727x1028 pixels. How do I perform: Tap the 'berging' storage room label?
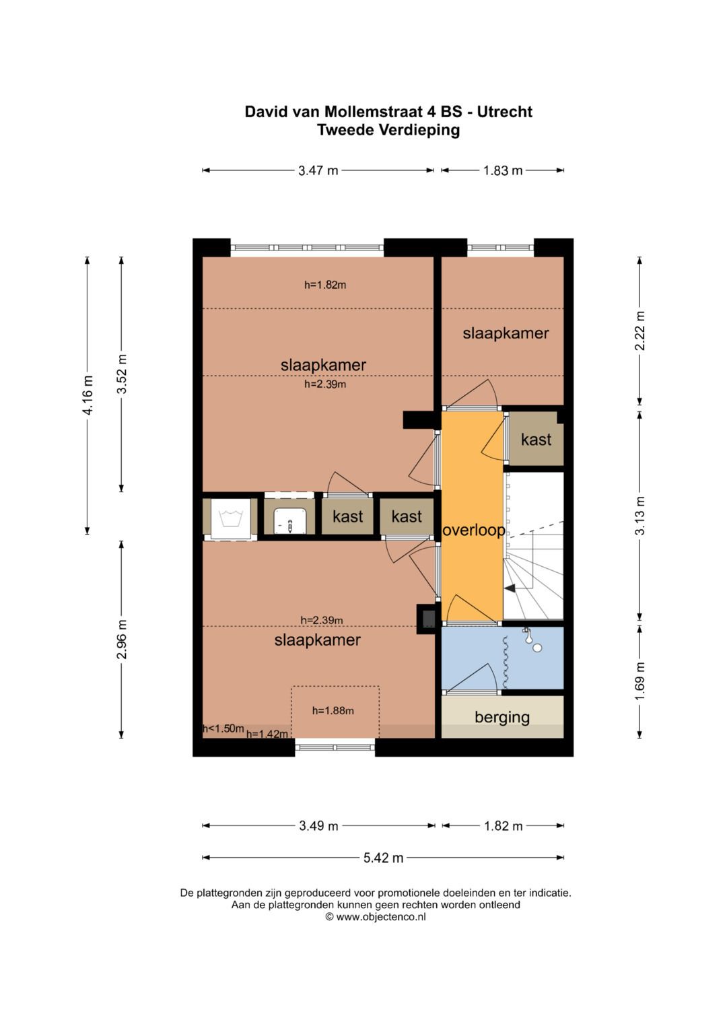click(x=502, y=717)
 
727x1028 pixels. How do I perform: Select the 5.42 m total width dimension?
click(x=383, y=857)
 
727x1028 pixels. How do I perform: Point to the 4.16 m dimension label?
click(x=88, y=395)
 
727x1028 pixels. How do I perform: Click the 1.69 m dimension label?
click(x=640, y=681)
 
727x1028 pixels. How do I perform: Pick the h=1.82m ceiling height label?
click(x=325, y=285)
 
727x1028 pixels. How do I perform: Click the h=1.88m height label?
click(x=333, y=711)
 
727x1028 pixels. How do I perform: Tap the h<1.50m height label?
click(x=223, y=728)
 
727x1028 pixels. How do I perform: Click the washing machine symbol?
click(x=230, y=518)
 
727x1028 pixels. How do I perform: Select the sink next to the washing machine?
click(x=289, y=521)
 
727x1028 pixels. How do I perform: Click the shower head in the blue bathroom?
click(x=527, y=633)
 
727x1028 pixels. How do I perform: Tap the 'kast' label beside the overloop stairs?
click(x=536, y=440)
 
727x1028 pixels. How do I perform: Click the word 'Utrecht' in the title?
click(x=504, y=112)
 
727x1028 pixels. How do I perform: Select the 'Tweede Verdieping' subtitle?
click(x=388, y=131)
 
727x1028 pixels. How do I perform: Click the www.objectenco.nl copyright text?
click(x=376, y=917)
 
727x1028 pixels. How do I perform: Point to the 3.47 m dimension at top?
click(x=318, y=171)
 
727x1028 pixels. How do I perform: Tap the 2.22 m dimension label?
click(x=640, y=331)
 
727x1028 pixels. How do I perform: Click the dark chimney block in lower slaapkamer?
click(x=429, y=619)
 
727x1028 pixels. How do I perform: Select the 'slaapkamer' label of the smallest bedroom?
click(x=506, y=334)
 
